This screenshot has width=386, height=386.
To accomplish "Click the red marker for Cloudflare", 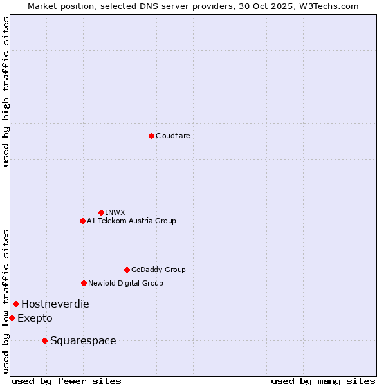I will (x=151, y=136).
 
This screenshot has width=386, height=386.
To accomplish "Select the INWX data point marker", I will (x=101, y=212).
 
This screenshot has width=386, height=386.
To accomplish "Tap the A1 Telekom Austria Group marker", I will (x=82, y=221).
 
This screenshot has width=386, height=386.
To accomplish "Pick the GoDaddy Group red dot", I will (x=127, y=270).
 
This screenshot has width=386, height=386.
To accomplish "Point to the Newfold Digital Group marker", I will (x=84, y=283).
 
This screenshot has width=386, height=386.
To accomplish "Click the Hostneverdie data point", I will (x=15, y=304).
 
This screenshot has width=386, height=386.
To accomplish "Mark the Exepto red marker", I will (x=12, y=318).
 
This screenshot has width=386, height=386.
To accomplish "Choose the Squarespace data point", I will (x=44, y=340).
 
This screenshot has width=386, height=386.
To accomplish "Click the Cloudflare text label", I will (x=173, y=136).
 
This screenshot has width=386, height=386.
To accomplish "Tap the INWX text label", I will (x=115, y=212).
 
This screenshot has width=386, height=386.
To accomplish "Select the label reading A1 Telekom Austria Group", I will (x=131, y=221).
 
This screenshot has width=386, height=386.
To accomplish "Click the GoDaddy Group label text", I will (x=158, y=270).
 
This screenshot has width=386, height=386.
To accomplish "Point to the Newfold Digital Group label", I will (x=125, y=283).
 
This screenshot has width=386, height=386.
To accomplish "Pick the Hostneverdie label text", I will (x=55, y=304).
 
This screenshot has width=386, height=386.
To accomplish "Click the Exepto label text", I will (x=35, y=318).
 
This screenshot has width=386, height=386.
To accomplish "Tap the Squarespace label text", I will (x=83, y=340).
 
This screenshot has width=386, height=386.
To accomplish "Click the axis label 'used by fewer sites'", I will (x=66, y=381).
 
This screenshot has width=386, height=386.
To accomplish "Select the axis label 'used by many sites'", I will (x=323, y=381).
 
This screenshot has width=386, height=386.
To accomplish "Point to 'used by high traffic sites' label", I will (x=6, y=91).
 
